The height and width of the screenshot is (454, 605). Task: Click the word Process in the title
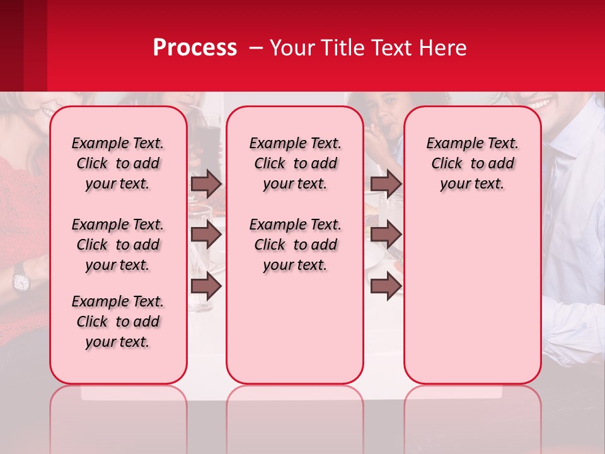[x=195, y=48]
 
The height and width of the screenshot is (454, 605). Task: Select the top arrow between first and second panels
[x=206, y=183]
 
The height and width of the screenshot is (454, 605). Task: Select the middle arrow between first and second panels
[x=206, y=235]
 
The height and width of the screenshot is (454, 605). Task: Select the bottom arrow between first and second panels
[x=206, y=287]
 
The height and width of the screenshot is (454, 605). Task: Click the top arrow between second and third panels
[x=386, y=183]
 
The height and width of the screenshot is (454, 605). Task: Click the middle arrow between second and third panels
[x=386, y=235]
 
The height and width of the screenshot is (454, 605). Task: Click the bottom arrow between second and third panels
[x=386, y=287]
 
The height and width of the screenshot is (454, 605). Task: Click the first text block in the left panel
[x=118, y=163]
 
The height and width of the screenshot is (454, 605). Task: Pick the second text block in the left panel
[x=118, y=245]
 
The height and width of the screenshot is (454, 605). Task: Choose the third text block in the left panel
[x=118, y=322]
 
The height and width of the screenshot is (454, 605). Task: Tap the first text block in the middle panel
[x=295, y=163]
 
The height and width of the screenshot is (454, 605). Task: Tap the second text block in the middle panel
[x=295, y=245]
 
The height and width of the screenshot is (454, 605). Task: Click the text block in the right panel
[x=472, y=163]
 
